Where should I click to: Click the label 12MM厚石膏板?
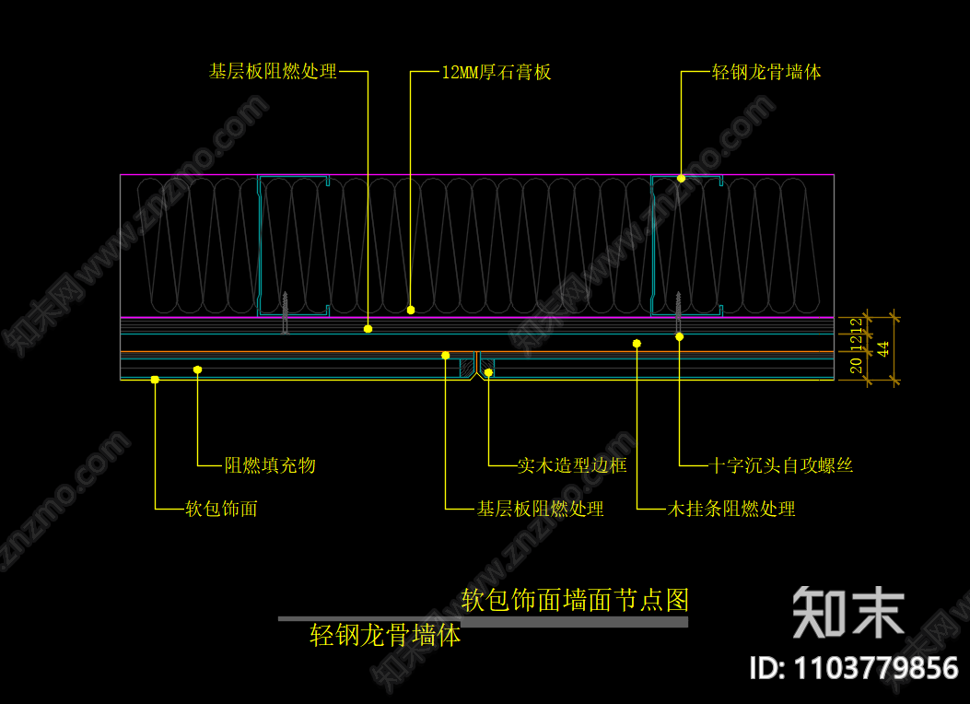[x=496, y=72]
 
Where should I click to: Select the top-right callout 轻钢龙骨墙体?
[x=766, y=72]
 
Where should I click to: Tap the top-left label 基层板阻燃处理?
[x=274, y=71]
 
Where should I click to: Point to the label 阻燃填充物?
[x=270, y=465]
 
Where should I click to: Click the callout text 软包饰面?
[x=221, y=508]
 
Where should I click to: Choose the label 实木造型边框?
[x=572, y=465]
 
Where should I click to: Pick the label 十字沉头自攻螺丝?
[x=782, y=465]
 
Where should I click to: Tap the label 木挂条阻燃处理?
[x=731, y=509]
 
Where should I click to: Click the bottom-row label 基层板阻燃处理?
[x=540, y=509]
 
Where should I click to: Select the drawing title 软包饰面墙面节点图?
[x=575, y=601]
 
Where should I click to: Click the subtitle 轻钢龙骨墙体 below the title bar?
[x=386, y=635]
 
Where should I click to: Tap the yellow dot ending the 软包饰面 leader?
[x=155, y=379]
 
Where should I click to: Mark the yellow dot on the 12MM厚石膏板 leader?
[x=411, y=310]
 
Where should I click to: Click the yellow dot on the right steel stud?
[x=682, y=178]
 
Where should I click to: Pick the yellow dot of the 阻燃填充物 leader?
[x=197, y=370]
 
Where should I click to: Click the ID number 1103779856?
[x=855, y=667]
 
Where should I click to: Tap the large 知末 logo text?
[x=848, y=612]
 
